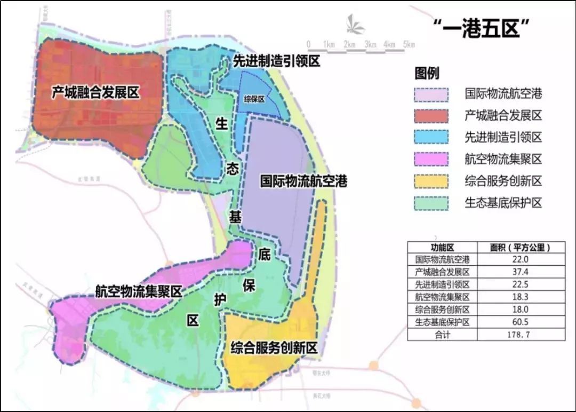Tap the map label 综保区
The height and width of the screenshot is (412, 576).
point(254,99)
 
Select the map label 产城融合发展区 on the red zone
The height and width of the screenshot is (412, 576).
point(95,92)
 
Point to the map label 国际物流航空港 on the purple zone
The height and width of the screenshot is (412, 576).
point(303,181)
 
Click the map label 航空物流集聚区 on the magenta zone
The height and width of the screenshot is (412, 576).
point(139,291)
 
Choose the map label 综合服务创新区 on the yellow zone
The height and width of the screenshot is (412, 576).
point(274,348)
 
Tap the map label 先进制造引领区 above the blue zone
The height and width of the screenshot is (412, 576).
point(276,61)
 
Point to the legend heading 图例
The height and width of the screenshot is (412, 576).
point(427,73)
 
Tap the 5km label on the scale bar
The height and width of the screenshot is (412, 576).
point(409,44)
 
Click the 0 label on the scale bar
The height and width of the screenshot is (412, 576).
point(308,44)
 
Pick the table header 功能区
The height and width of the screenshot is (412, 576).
point(442,248)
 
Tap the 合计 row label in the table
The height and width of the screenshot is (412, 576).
point(442,335)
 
